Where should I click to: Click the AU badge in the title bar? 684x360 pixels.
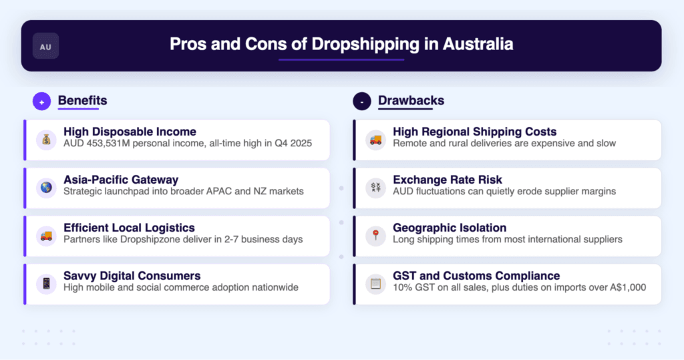45,47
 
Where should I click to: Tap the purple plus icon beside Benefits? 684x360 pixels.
41,102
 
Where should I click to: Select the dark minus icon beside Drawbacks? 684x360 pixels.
362,102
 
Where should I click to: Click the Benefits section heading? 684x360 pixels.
82,101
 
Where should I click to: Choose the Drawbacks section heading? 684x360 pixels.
411,101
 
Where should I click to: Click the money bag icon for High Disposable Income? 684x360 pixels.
46,140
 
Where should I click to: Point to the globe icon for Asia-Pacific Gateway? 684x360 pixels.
46,188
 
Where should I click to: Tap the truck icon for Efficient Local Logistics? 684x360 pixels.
46,236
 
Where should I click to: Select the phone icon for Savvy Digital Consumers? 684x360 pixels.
46,284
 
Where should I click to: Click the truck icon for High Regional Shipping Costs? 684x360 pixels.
375,140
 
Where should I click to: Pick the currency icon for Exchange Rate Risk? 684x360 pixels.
375,188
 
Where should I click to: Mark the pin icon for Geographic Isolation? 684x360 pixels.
375,236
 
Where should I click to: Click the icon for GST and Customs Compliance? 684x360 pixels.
375,284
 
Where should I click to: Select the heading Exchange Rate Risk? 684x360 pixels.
448,180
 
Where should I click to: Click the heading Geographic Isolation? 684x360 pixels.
450,228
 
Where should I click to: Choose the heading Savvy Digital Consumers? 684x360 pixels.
132,276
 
